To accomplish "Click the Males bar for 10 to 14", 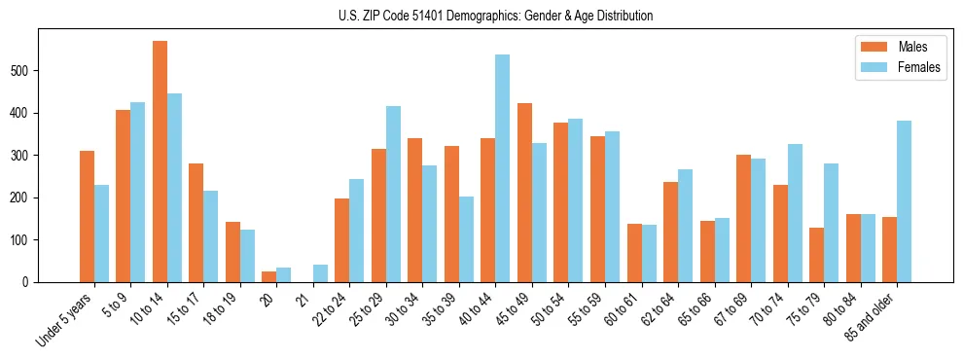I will (x=160, y=162).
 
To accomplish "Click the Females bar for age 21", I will (x=320, y=273).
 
